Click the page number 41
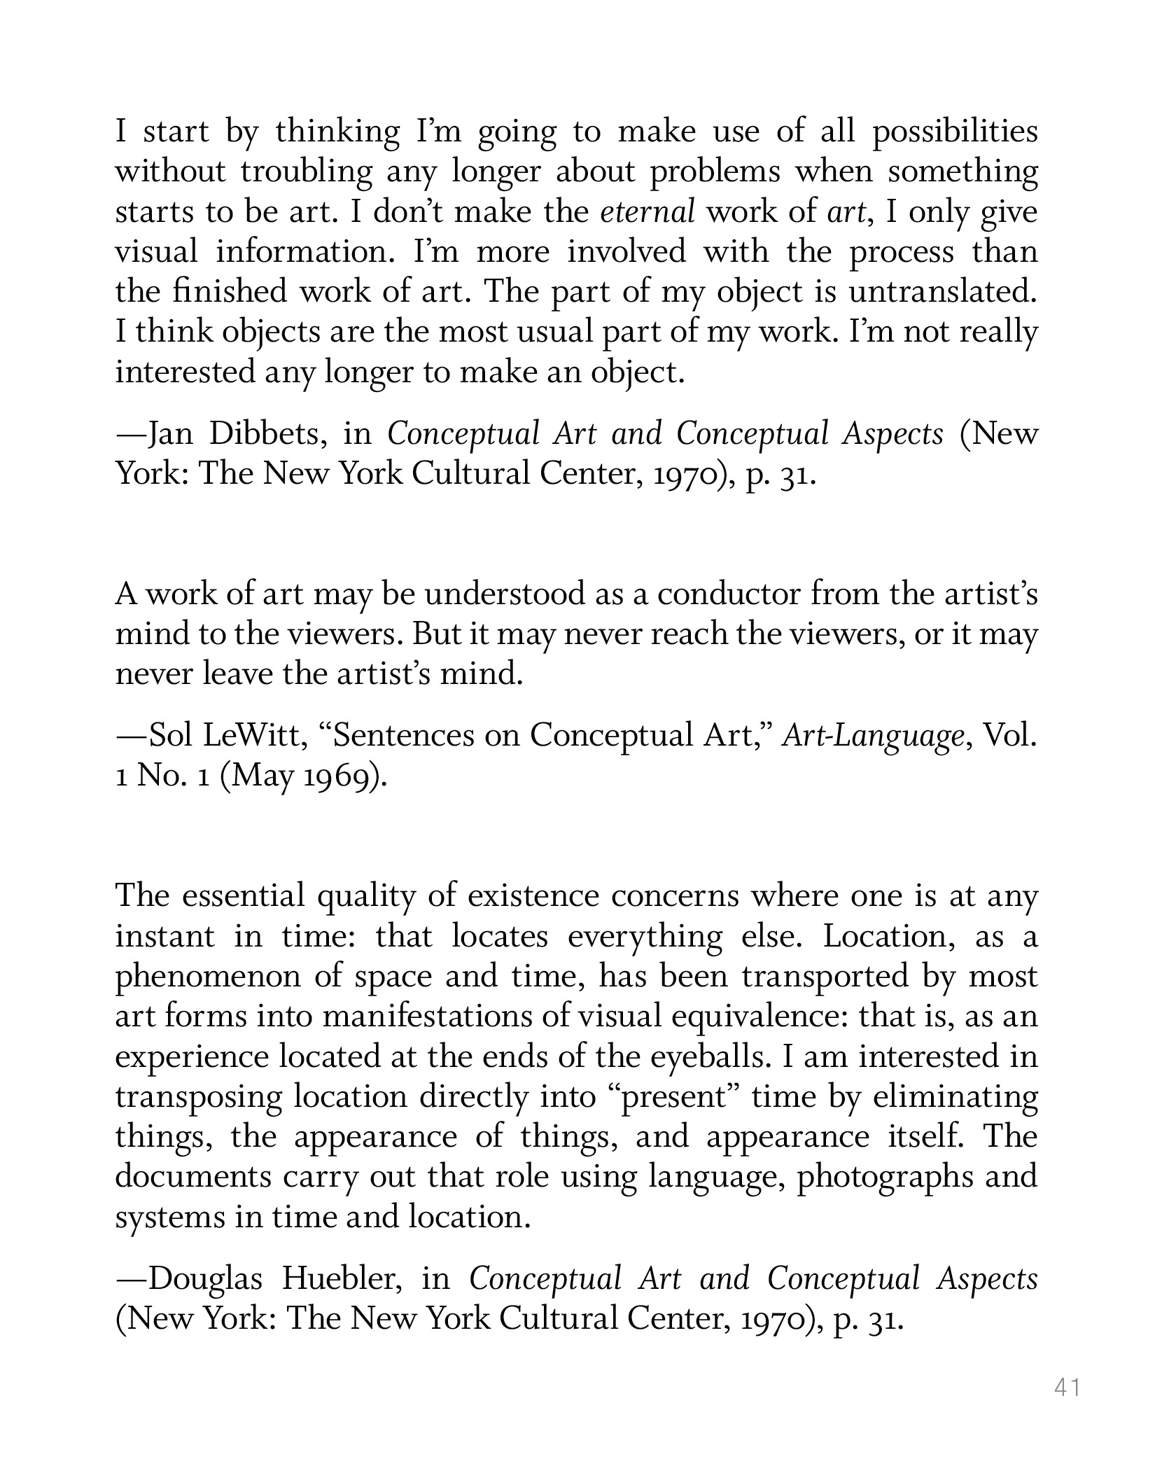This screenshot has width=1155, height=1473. [x=1067, y=1386]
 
